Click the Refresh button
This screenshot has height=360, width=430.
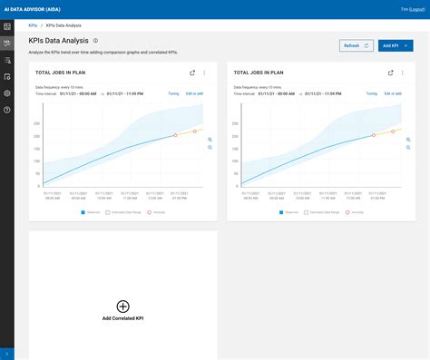click(356, 44)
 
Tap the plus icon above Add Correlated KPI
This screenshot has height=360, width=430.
click(123, 307)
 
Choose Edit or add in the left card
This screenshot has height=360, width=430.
click(195, 93)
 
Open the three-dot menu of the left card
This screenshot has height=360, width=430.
click(204, 73)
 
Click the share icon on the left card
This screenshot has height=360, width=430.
click(191, 73)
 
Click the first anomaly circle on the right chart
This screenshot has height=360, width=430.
click(373, 135)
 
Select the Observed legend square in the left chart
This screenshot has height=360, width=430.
click(82, 212)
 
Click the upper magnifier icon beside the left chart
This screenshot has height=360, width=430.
click(209, 139)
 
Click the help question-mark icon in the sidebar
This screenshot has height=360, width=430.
click(7, 110)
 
